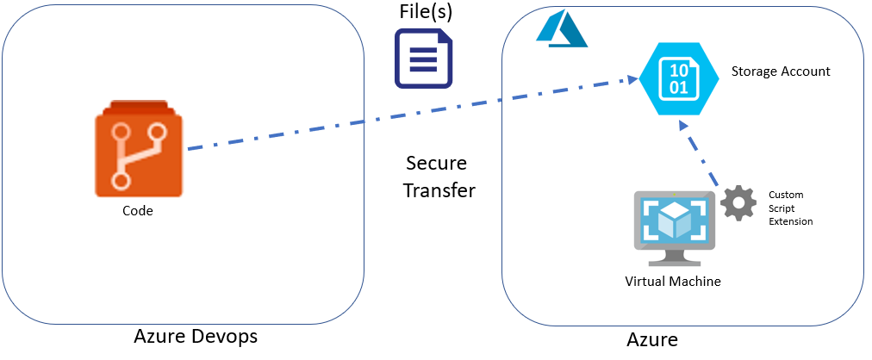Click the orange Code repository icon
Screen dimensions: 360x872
(x=138, y=150)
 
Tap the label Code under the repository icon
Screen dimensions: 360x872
(x=138, y=209)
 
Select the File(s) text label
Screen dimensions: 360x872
(x=425, y=12)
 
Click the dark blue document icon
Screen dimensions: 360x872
(x=424, y=59)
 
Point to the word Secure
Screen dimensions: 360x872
(x=436, y=164)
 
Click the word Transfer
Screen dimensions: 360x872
(x=439, y=190)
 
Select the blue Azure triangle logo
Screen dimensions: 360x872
(x=560, y=30)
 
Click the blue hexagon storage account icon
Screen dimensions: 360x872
(x=680, y=78)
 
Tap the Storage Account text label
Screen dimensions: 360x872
(x=781, y=71)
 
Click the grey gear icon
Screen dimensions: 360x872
(x=738, y=203)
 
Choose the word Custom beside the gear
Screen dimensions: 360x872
(x=786, y=195)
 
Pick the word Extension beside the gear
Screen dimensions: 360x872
(x=791, y=221)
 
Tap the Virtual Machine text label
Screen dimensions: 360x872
(x=673, y=282)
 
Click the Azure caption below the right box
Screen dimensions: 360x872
(x=652, y=339)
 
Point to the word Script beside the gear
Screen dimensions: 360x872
(x=782, y=208)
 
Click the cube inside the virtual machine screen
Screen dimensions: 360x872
(x=674, y=220)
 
